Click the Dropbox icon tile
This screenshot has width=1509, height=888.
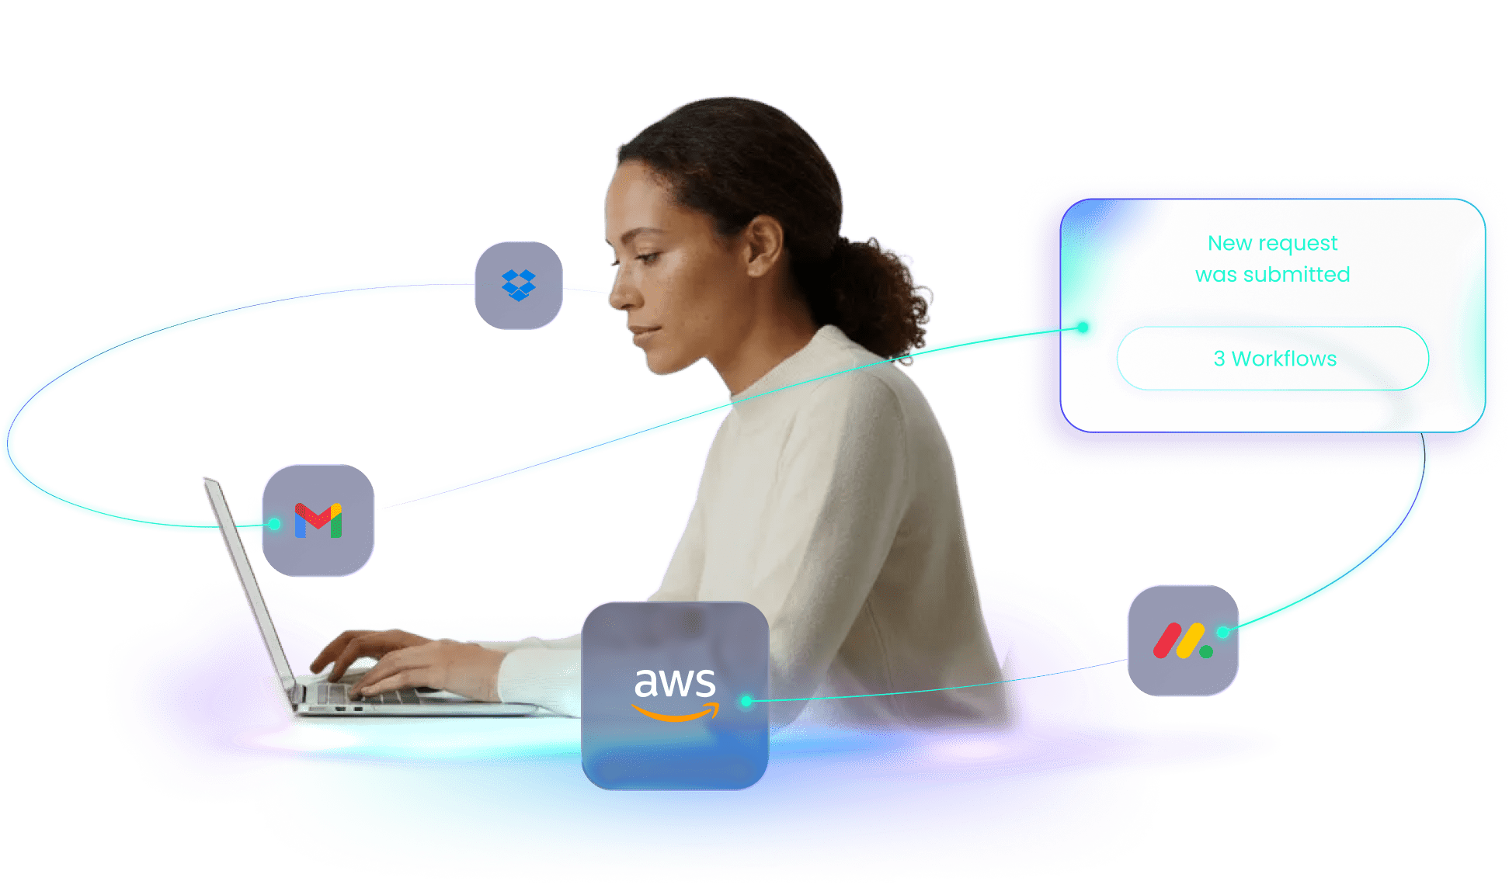pos(518,285)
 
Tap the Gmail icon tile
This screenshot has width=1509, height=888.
pos(318,520)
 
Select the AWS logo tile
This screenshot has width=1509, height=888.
pos(675,695)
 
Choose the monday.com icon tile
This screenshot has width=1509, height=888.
pos(1182,640)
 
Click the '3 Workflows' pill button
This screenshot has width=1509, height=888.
pos(1274,359)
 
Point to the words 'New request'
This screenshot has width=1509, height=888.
pos(1272,244)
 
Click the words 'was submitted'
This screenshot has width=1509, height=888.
pos(1272,275)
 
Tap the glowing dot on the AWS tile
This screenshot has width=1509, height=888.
pos(746,701)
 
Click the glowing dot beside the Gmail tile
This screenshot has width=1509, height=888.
pos(274,525)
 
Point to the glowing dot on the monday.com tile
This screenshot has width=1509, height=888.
pos(1222,632)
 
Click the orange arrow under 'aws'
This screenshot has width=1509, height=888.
pos(675,712)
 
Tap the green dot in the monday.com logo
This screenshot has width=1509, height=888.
pos(1206,652)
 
